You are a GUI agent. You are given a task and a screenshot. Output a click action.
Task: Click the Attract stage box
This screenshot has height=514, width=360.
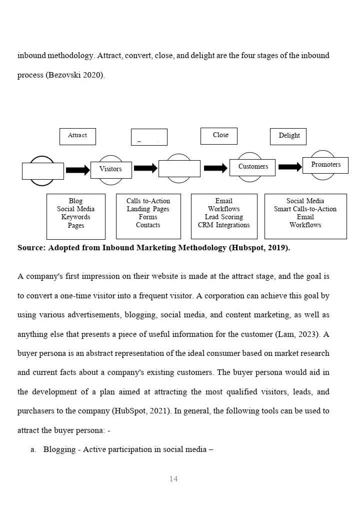[x=77, y=136]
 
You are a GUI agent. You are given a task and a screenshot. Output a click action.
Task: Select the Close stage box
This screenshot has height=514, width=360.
[x=219, y=136]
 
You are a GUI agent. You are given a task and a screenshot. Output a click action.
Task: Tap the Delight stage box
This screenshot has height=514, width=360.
[x=288, y=136]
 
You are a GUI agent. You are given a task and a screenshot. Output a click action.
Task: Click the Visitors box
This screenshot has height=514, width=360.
[x=111, y=170]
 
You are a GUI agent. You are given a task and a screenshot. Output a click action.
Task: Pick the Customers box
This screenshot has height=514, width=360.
[x=252, y=167]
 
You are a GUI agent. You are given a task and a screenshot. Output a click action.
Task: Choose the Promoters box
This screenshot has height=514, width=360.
[x=325, y=165]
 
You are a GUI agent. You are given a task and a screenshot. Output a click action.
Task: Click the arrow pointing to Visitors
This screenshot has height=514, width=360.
[x=77, y=170]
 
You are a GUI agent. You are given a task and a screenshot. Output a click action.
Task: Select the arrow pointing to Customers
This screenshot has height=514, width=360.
[x=215, y=168]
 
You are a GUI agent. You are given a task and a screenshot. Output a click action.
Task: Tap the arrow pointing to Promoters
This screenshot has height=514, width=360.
[x=290, y=167]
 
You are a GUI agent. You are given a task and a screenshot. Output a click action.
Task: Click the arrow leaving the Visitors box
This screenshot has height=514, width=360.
[x=145, y=168]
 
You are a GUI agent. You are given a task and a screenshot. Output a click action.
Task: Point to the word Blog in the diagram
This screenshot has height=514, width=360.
[x=76, y=201]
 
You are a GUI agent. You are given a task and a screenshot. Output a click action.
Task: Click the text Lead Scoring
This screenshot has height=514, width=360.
[x=224, y=217]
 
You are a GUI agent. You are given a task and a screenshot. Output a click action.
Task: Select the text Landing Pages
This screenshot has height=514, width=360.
[x=148, y=209]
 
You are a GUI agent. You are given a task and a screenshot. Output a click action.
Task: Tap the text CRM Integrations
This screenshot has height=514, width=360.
[x=224, y=225]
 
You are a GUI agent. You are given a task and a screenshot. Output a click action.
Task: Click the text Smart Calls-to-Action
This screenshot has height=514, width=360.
[x=305, y=209]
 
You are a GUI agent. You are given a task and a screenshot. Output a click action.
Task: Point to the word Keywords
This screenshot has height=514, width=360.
[x=76, y=217]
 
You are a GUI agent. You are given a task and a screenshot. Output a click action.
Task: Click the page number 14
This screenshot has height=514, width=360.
[x=173, y=479]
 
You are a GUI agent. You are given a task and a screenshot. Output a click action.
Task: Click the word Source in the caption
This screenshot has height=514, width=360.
[x=31, y=248]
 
